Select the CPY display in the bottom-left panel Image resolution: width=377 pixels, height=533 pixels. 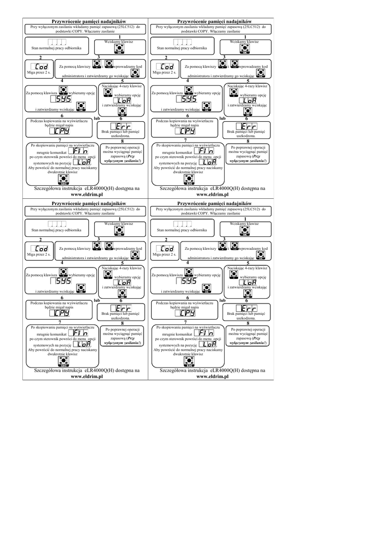61,313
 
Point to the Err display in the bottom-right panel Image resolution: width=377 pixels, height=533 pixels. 245,308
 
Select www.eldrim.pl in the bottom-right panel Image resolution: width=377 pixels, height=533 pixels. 213,375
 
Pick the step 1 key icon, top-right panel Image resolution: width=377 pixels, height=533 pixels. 243,48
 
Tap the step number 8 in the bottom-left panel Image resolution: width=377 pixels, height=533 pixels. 122,323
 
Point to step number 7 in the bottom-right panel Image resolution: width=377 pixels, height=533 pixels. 185,323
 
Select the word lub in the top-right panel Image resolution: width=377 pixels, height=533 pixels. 223,119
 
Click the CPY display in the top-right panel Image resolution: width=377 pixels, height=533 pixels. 187,131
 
